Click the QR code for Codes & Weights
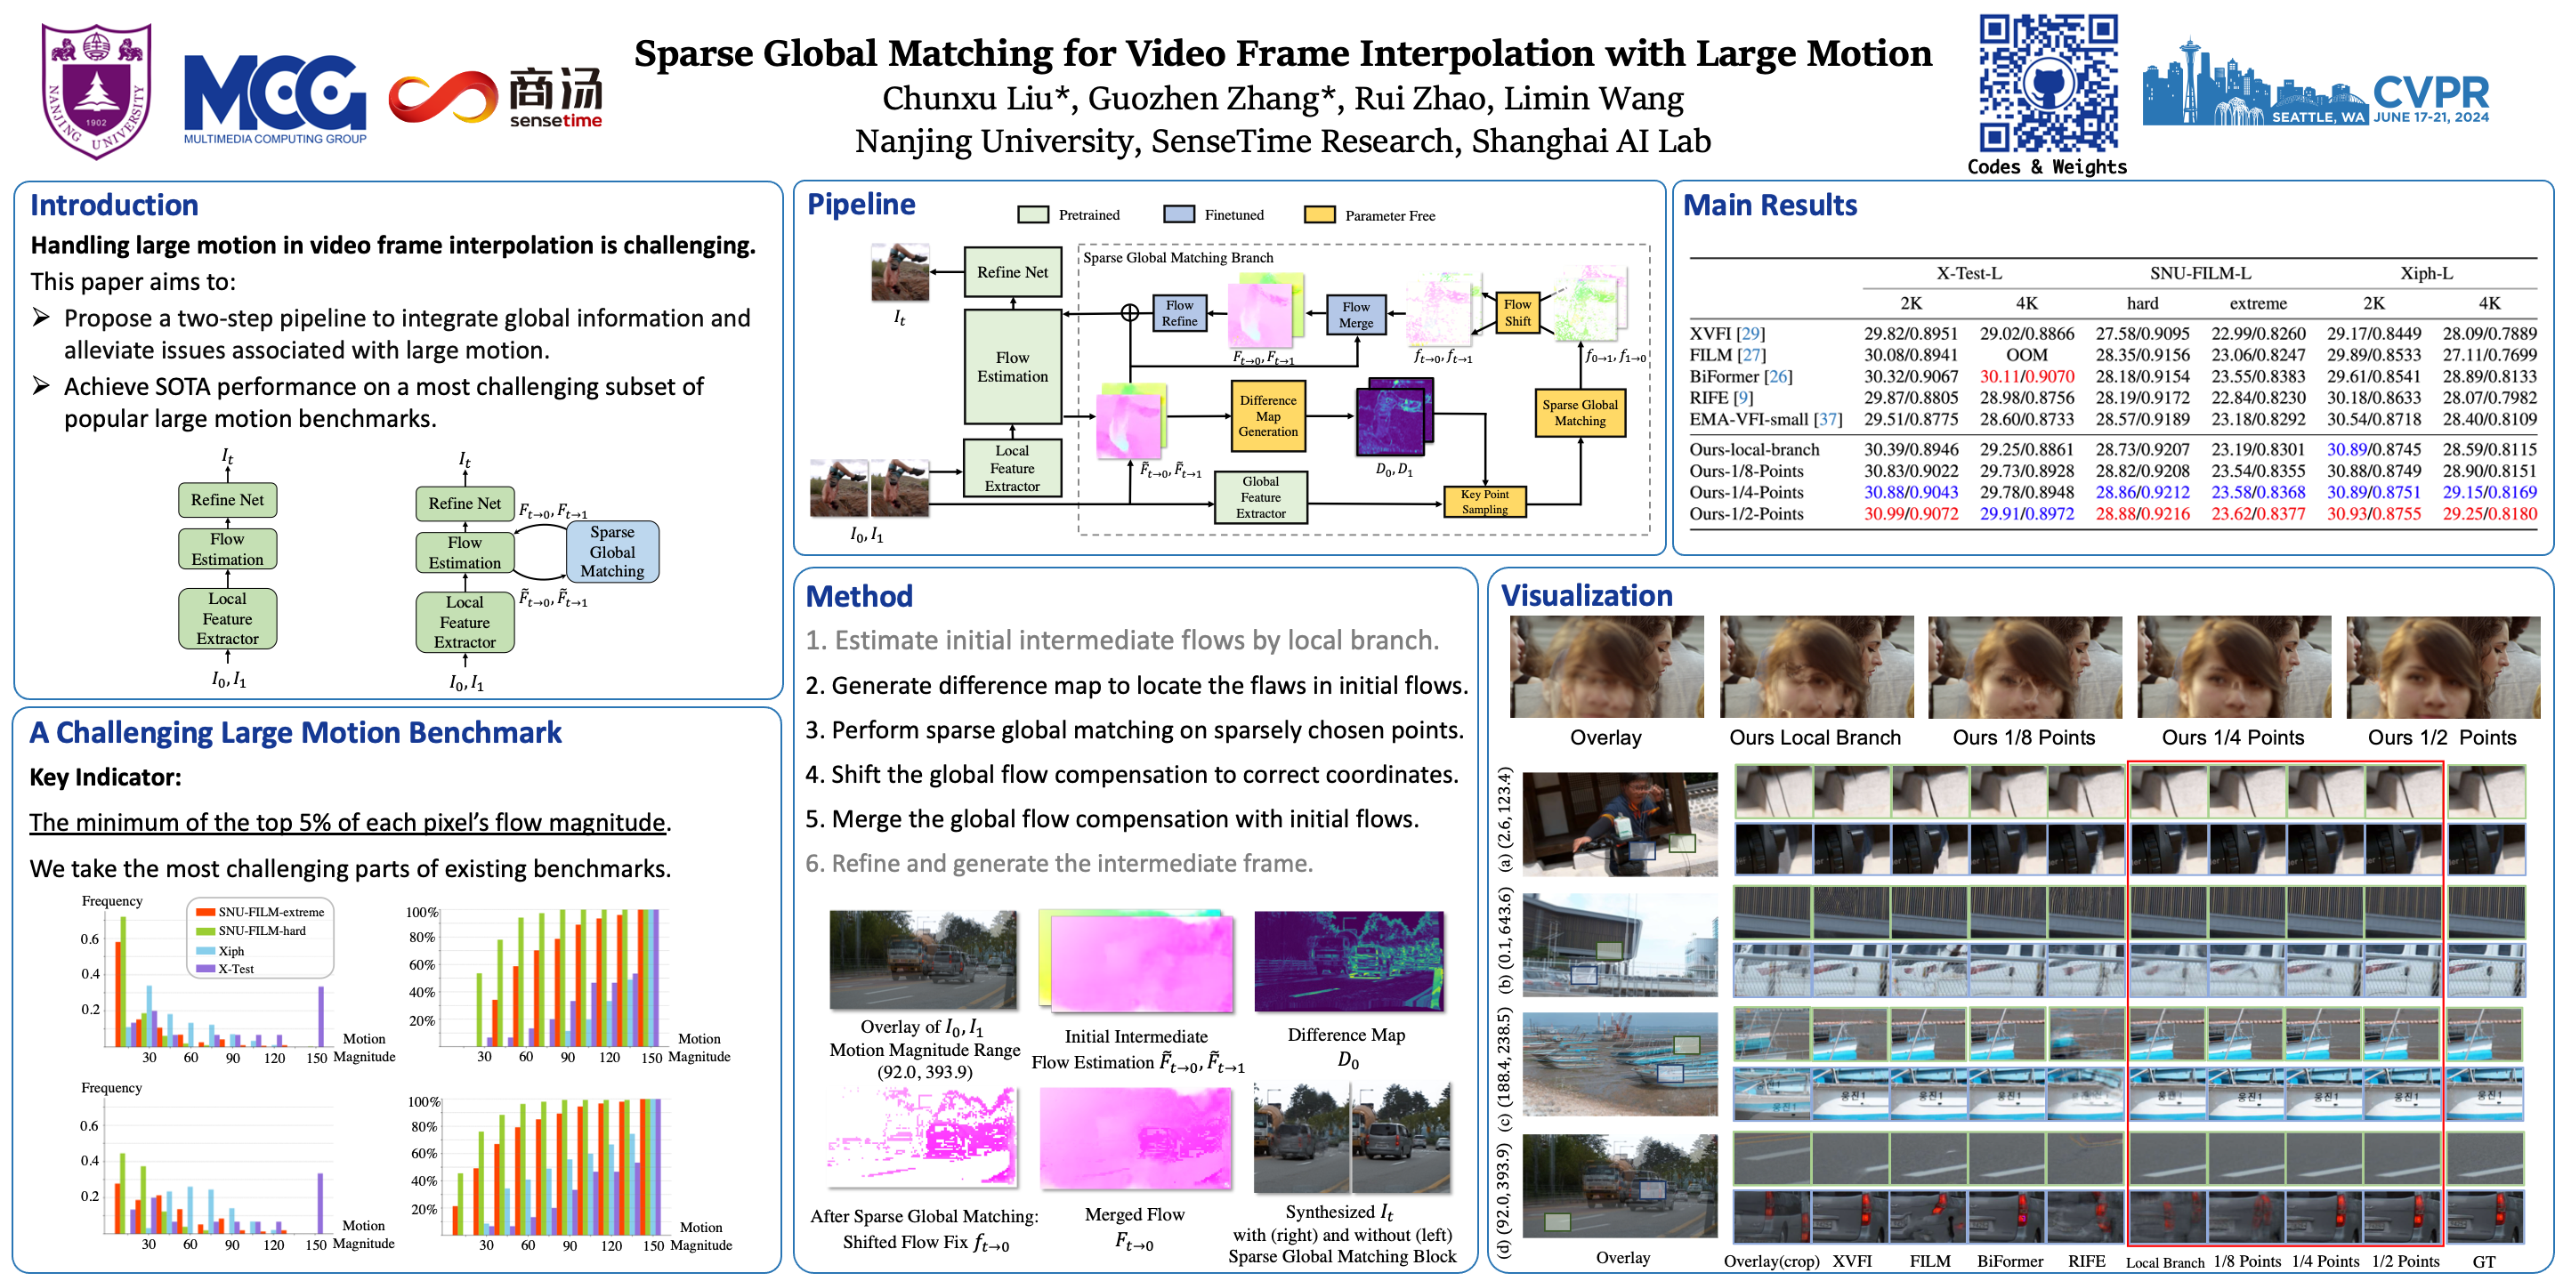click(2047, 84)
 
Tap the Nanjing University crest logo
click(95, 90)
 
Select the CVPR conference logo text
click(2430, 93)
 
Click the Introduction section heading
click(115, 205)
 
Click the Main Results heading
click(1769, 205)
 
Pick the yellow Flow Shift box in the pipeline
click(1516, 312)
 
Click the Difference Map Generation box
click(1267, 415)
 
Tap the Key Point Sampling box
click(1484, 501)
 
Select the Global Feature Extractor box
click(1261, 497)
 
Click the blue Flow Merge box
click(1355, 314)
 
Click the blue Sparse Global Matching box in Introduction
click(612, 551)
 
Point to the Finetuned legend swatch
click(1178, 214)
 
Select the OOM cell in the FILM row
click(2025, 355)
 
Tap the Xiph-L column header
click(2426, 273)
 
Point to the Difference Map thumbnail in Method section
click(1348, 961)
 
